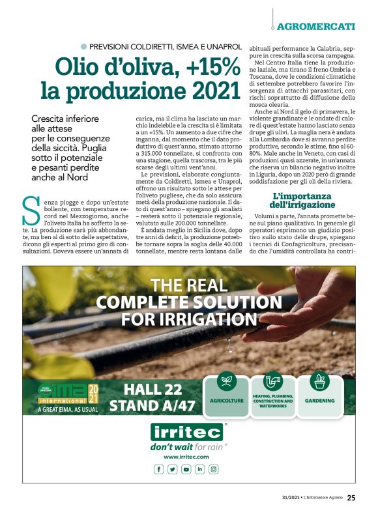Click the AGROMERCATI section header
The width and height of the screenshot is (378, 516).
pos(316,27)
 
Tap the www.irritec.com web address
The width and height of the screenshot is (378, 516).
pos(186,457)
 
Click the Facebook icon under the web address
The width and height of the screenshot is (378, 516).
pos(158,469)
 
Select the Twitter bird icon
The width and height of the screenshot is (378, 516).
pos(172,469)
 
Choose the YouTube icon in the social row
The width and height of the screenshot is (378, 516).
pos(186,469)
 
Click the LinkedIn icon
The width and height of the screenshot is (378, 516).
pos(199,469)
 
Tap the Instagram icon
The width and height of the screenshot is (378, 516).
pos(213,469)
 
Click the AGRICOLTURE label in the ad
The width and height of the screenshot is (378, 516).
pos(227,400)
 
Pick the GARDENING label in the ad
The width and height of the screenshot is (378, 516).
pos(320,400)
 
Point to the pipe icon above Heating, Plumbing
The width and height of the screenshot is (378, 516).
pos(273,380)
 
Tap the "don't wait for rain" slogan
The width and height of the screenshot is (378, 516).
pos(186,447)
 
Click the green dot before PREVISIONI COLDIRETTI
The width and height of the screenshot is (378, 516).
pos(83,47)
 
